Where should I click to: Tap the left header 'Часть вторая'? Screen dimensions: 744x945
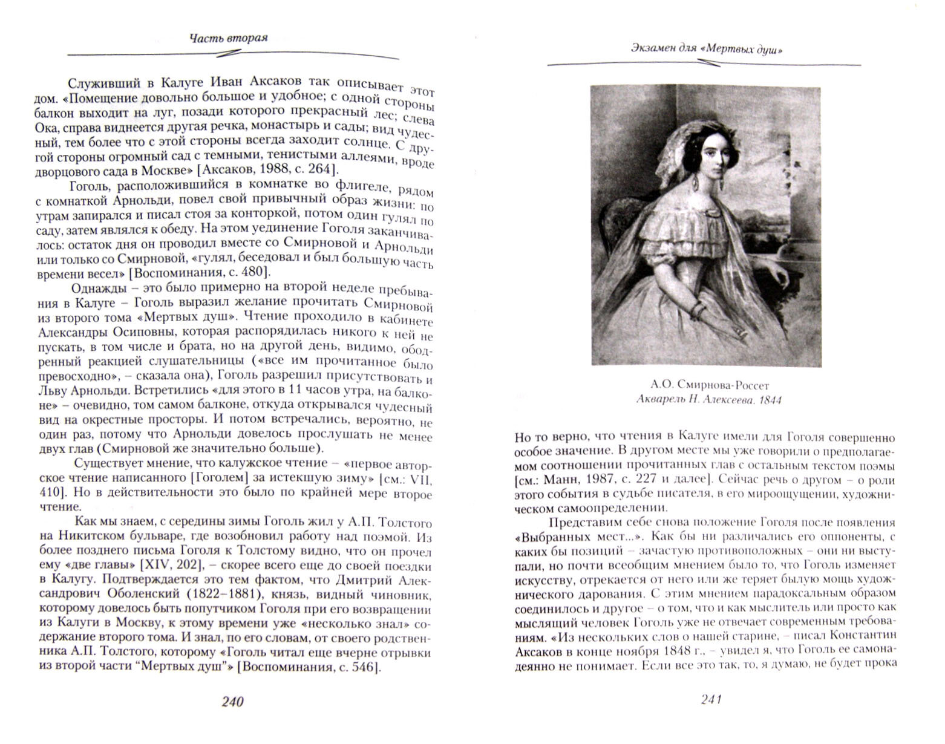[229, 38]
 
